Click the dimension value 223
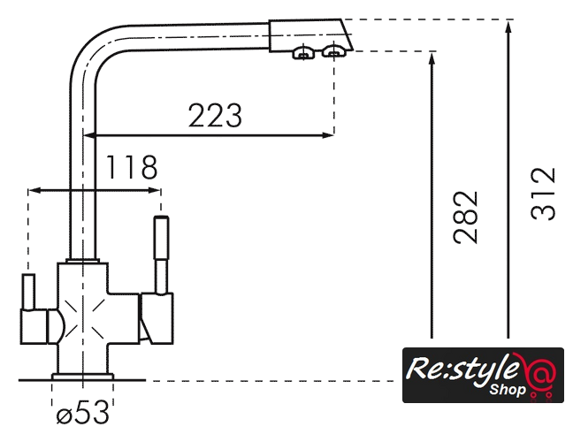tap(215, 116)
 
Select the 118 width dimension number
tap(132, 167)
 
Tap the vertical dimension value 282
tap(465, 217)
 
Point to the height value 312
tap(543, 194)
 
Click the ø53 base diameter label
tap(82, 413)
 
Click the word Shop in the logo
tap(508, 389)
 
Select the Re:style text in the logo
tap(463, 370)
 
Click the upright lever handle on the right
tap(161, 255)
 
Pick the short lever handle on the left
tap(28, 292)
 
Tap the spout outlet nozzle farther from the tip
tap(303, 53)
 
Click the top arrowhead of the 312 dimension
tap(508, 27)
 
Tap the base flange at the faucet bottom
tap(82, 377)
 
